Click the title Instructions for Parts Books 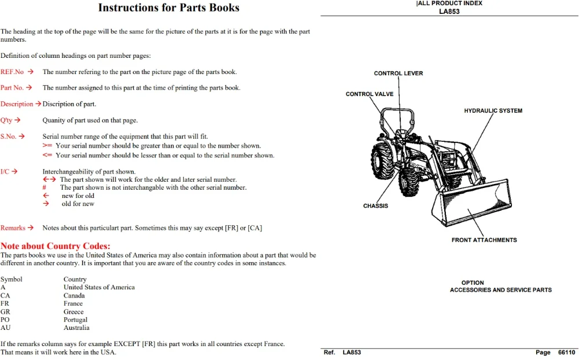169,8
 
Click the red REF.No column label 12,72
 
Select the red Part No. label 12,87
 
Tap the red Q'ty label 6,120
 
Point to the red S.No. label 9,137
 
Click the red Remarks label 13,227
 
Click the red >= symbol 47,146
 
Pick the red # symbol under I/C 45,188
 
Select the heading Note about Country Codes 56,246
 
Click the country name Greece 73,311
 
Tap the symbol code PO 5,319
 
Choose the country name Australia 76,328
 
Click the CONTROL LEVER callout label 399,73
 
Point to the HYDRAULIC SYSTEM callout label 493,111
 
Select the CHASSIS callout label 375,206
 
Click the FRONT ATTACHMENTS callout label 484,240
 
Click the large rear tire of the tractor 382,161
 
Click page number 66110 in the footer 566,352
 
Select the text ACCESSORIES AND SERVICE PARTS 501,290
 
